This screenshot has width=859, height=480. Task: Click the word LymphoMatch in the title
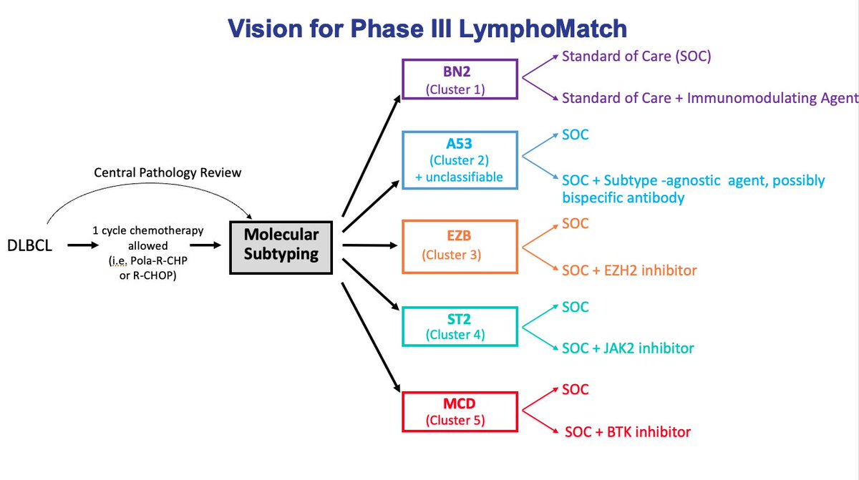point(543,29)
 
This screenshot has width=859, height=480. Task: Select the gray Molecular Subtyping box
point(281,248)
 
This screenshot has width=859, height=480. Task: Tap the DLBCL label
point(29,245)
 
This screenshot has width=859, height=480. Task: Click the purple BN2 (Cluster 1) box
point(460,79)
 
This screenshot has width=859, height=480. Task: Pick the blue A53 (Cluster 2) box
point(460,160)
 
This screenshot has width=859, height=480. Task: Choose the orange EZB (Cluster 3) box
point(460,247)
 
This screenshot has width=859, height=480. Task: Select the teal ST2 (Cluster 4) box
point(460,327)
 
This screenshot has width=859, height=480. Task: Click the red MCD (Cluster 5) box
point(460,412)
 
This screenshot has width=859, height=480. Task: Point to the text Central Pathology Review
point(168,173)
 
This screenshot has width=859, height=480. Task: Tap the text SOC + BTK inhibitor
point(628,432)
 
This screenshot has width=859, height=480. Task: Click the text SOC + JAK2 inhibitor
point(629,348)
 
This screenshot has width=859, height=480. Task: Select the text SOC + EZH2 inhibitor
point(629,270)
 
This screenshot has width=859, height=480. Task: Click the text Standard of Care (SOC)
point(636,57)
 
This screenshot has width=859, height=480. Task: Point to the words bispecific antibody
point(623,197)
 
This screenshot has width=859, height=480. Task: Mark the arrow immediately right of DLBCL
point(83,245)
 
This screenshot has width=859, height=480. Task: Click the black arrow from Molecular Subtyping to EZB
point(369,245)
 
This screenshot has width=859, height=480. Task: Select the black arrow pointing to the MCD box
point(371,338)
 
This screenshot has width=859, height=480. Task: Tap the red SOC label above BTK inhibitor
point(576,390)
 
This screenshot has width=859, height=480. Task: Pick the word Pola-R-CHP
point(159,261)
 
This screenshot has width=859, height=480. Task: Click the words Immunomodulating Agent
point(772,99)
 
